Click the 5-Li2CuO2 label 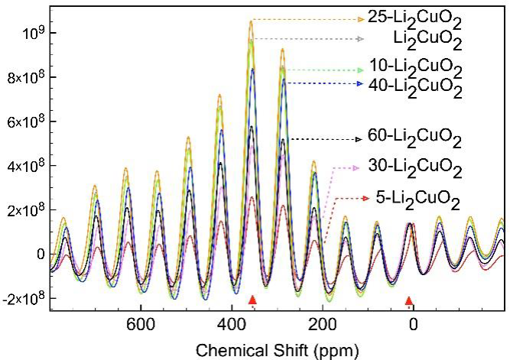418,201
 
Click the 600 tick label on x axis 140,323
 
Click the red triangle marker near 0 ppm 409,301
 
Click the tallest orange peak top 251,21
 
